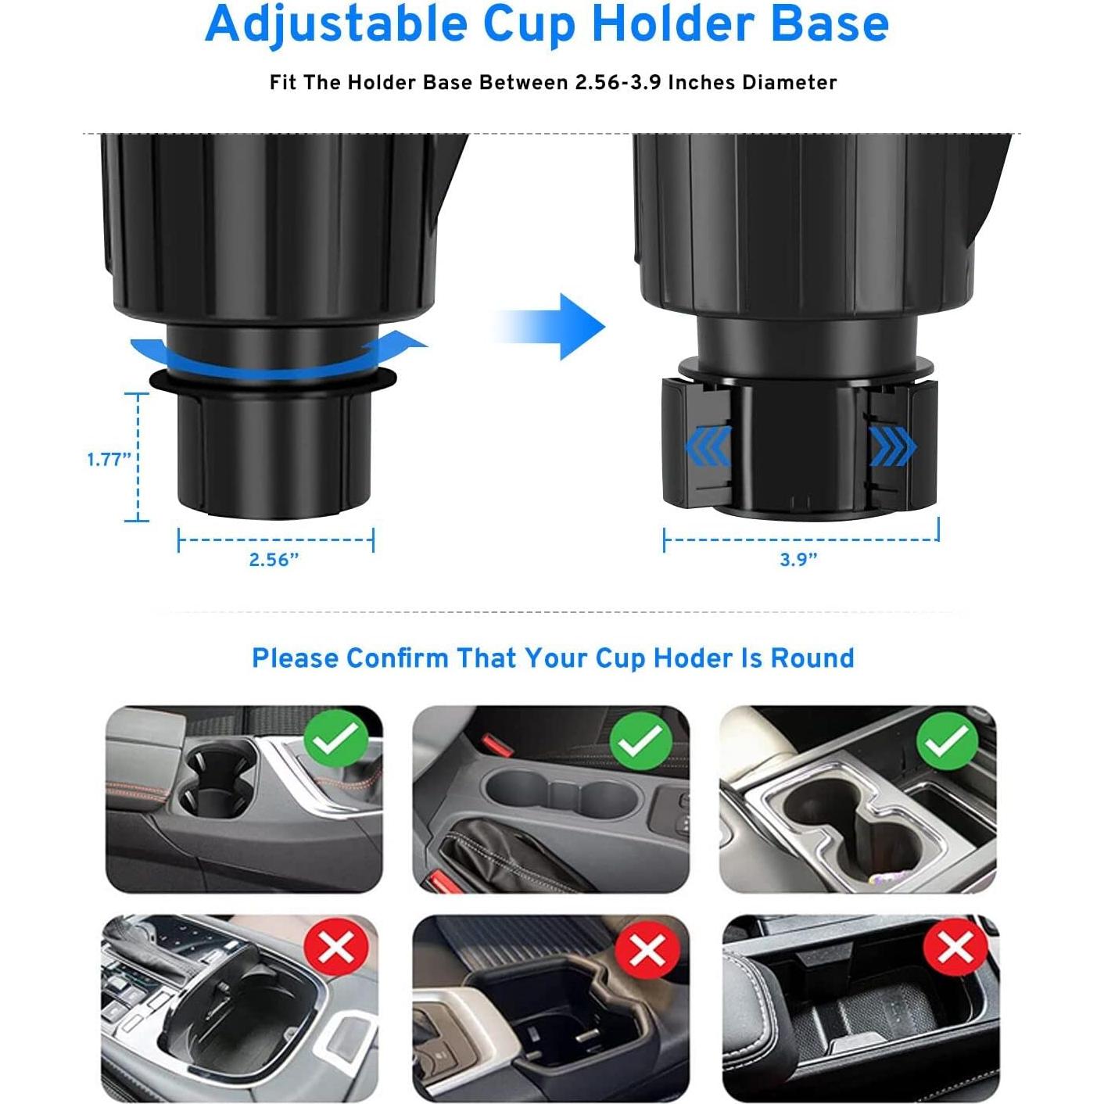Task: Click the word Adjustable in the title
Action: [x=336, y=25]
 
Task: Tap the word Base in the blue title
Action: [x=830, y=23]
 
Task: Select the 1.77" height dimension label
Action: [x=108, y=459]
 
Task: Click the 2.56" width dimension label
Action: [x=274, y=560]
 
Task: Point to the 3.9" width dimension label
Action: [x=798, y=560]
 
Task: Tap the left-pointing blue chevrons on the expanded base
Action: [x=708, y=446]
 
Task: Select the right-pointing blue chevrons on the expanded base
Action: [x=892, y=446]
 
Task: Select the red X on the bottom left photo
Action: [x=336, y=948]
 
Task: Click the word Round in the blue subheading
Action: [x=812, y=658]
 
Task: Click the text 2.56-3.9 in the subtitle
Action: [x=618, y=83]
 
